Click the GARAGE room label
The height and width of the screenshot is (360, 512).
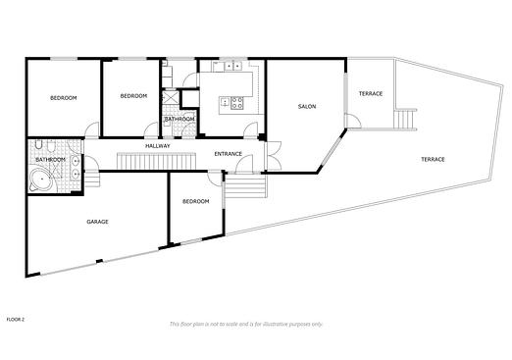pos(97,222)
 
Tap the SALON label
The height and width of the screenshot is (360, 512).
pos(307,106)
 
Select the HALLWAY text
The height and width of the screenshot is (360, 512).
pos(158,146)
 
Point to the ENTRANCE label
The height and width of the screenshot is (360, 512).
pos(229,154)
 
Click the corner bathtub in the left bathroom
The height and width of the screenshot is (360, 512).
pos(40,180)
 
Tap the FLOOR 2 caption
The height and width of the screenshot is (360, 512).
pos(16,320)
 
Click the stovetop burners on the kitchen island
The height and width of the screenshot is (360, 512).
pos(237,103)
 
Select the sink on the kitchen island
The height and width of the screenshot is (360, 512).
pos(226,102)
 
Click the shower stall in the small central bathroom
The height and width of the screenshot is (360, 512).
pos(171,97)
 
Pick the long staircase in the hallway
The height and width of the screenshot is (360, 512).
pos(156,161)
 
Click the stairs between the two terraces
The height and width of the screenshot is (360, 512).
pos(405,120)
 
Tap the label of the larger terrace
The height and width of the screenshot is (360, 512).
pos(433,159)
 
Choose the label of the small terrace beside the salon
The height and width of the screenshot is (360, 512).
pos(371,94)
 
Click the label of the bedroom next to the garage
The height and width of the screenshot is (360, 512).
pos(195,201)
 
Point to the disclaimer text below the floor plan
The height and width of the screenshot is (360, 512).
pos(246,324)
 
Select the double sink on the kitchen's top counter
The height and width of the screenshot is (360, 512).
pos(232,67)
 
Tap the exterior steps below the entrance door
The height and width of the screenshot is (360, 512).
pos(244,186)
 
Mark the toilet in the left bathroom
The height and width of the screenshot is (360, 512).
pos(38,144)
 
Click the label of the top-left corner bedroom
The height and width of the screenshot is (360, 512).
pos(64,98)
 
